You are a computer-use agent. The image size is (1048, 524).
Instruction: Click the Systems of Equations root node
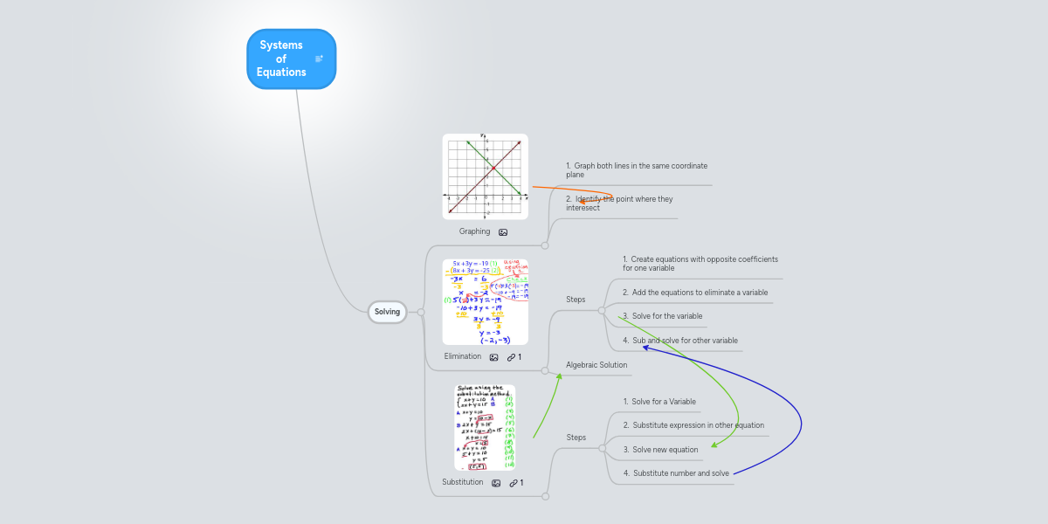coord(282,59)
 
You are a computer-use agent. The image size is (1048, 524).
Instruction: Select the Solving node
coord(387,312)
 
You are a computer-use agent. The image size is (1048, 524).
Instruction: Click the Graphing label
coord(474,231)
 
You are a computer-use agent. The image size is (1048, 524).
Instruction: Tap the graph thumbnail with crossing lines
coord(485,176)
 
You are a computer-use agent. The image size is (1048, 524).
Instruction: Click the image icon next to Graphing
coord(503,232)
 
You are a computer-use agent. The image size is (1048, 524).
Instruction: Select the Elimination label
coord(462,356)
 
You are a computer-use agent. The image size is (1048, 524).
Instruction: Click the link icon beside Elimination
coord(512,357)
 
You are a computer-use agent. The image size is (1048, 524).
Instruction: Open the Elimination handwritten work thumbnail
coord(485,301)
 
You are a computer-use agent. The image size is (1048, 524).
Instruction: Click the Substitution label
coord(462,482)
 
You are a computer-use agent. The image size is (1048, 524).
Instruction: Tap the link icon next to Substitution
coord(514,483)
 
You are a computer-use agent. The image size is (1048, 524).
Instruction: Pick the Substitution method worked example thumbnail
coord(485,428)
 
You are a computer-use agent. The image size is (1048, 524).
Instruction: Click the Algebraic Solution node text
coord(596,365)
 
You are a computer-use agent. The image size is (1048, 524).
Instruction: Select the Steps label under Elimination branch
coord(576,300)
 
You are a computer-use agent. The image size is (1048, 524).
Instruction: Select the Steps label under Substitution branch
coord(576,438)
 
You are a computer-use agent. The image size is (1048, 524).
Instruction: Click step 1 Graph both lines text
coord(636,169)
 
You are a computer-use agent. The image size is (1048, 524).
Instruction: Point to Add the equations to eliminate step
coord(695,293)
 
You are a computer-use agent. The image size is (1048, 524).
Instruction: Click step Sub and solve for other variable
coord(679,341)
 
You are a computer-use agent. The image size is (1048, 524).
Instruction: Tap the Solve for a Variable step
coord(659,402)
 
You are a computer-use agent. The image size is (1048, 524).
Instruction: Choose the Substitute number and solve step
coord(676,473)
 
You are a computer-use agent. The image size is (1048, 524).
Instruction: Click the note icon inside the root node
coord(319,59)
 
